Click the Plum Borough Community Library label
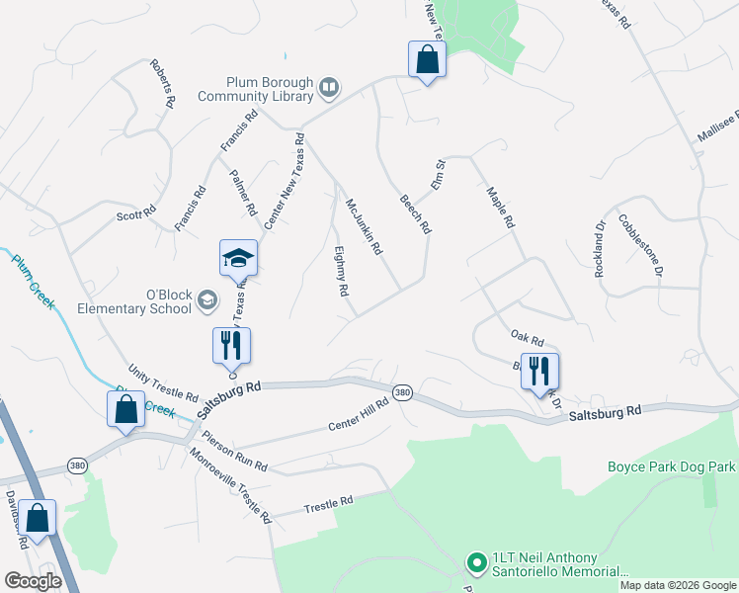pyautogui.click(x=255, y=89)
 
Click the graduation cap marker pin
pyautogui.click(x=238, y=259)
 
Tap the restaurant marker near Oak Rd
pyautogui.click(x=539, y=372)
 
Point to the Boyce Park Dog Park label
pyautogui.click(x=671, y=466)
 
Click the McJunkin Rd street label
pyautogui.click(x=363, y=226)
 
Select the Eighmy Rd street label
pyautogui.click(x=342, y=272)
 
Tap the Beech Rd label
pyautogui.click(x=415, y=212)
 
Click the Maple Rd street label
pyautogui.click(x=502, y=209)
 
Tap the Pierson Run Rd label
pyautogui.click(x=234, y=450)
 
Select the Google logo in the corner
pyautogui.click(x=33, y=580)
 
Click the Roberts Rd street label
pyautogui.click(x=163, y=84)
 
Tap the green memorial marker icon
pyautogui.click(x=475, y=563)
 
